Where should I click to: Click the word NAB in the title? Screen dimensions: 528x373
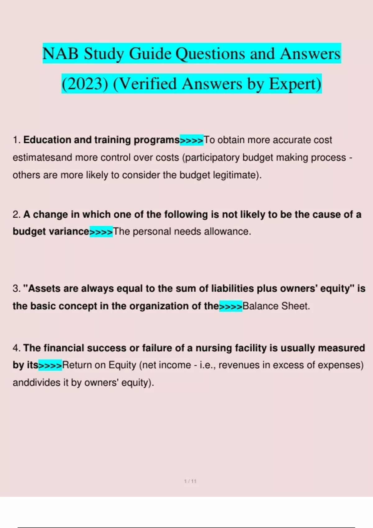60,53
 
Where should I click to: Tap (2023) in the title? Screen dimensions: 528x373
85,84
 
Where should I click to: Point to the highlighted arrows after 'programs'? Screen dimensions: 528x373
191,140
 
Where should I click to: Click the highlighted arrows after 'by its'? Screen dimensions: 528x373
50,366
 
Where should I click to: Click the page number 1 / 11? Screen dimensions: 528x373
190,481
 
